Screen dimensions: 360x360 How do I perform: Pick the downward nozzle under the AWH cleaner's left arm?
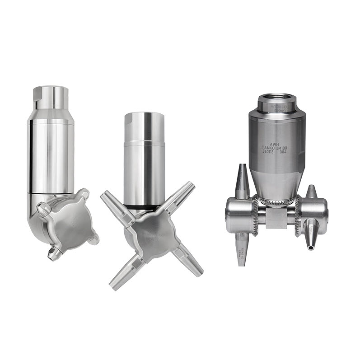click(x=240, y=247)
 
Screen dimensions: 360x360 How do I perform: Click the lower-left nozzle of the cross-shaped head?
click(x=122, y=277)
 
